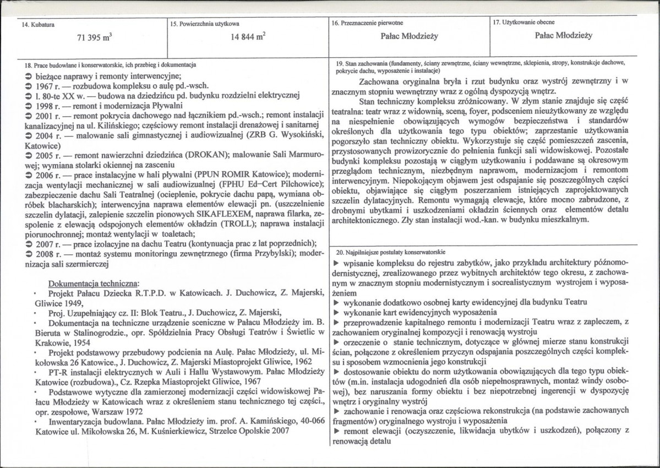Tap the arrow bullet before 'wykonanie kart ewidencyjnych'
point(337,313)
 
